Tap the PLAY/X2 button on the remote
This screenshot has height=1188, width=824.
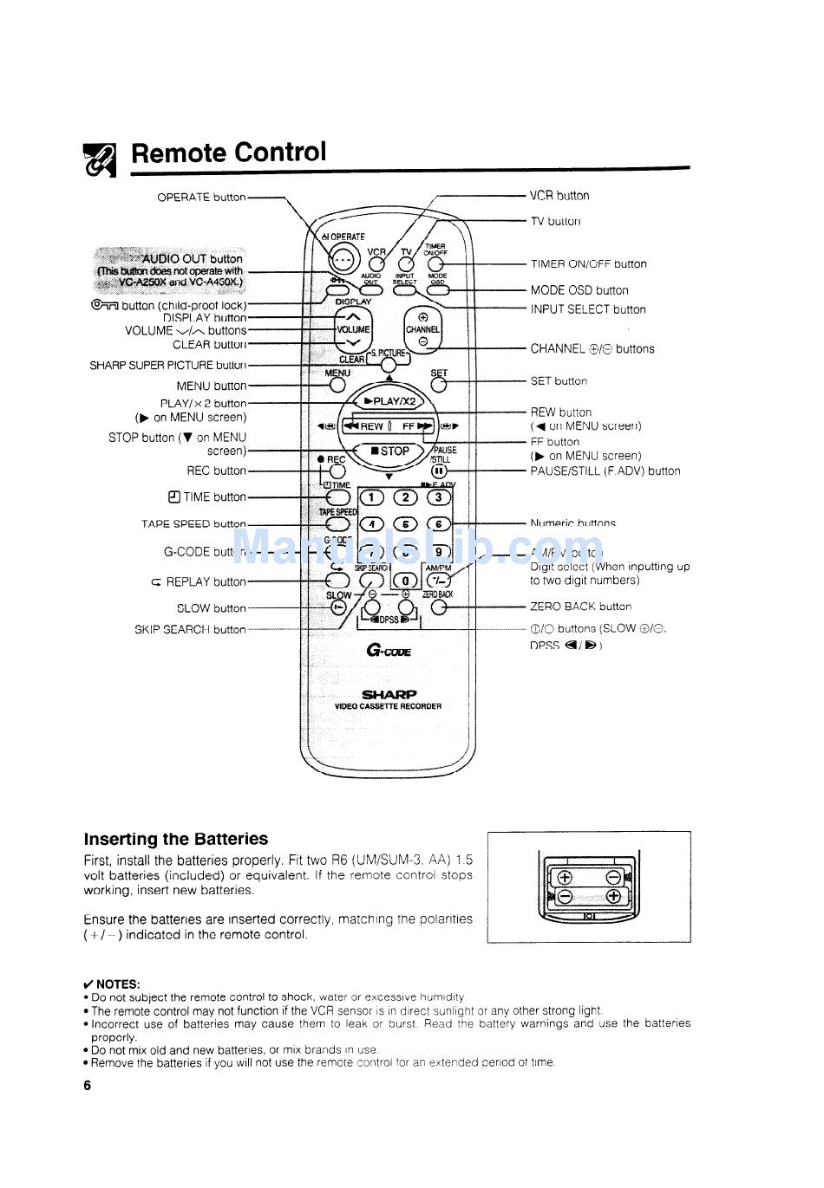click(389, 401)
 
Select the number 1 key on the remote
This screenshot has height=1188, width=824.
click(371, 497)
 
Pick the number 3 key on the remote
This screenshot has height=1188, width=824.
click(438, 497)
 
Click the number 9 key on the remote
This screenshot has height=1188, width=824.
click(438, 552)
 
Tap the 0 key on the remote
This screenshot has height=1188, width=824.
click(404, 581)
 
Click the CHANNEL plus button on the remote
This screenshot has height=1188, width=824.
click(422, 318)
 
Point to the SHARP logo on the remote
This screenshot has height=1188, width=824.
click(389, 694)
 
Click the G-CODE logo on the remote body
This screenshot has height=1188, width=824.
click(388, 652)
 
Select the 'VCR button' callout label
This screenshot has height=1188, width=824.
click(559, 196)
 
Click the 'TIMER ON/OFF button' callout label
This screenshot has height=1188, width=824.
click(588, 264)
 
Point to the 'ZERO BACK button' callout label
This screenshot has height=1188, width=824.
click(581, 607)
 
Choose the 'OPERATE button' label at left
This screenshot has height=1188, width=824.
click(201, 198)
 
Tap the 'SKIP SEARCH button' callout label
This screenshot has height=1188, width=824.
click(190, 630)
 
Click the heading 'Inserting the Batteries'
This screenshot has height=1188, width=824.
click(176, 839)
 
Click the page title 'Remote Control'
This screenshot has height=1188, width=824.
click(229, 153)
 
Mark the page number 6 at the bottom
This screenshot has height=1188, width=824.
click(88, 1086)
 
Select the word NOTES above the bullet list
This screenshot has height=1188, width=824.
click(118, 984)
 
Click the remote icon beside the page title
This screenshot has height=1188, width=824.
click(100, 159)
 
